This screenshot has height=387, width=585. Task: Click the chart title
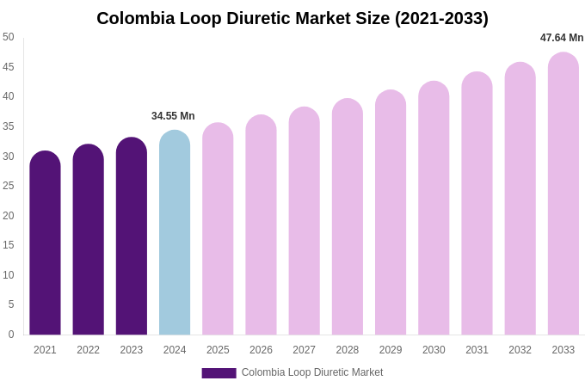(x=292, y=18)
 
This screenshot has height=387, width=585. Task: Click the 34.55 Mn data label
(x=173, y=116)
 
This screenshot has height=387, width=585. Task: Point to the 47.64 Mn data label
(x=562, y=38)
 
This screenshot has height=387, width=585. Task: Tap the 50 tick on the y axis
(x=9, y=37)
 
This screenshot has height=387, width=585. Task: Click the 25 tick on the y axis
(x=9, y=186)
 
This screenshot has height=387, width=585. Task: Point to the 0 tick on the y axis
(x=11, y=335)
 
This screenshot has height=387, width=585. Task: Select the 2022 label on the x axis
(x=88, y=350)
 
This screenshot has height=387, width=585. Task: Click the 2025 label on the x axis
(x=218, y=350)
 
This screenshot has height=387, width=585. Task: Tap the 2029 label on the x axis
(x=391, y=350)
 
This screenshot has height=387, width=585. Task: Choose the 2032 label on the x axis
(x=520, y=350)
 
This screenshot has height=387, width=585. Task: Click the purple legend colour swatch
(x=219, y=373)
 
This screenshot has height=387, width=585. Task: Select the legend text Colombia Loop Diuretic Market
(x=312, y=372)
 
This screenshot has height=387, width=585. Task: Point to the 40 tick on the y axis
(x=9, y=96)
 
